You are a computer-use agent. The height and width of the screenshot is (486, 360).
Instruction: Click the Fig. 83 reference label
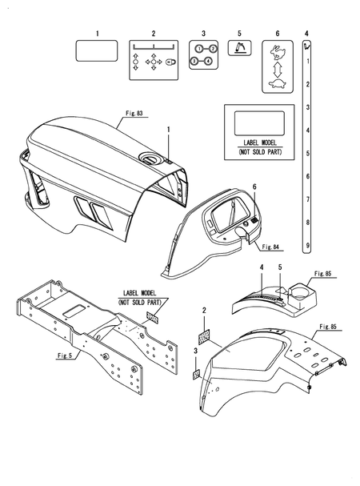[134, 114]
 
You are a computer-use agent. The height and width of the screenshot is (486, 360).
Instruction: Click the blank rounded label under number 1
[97, 53]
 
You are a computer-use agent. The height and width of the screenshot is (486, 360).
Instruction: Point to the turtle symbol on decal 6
[276, 83]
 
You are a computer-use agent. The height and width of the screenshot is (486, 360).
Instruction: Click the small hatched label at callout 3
[195, 372]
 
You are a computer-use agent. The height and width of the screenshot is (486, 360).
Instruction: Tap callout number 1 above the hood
[169, 129]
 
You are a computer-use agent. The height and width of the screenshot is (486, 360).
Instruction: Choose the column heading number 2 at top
[153, 33]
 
